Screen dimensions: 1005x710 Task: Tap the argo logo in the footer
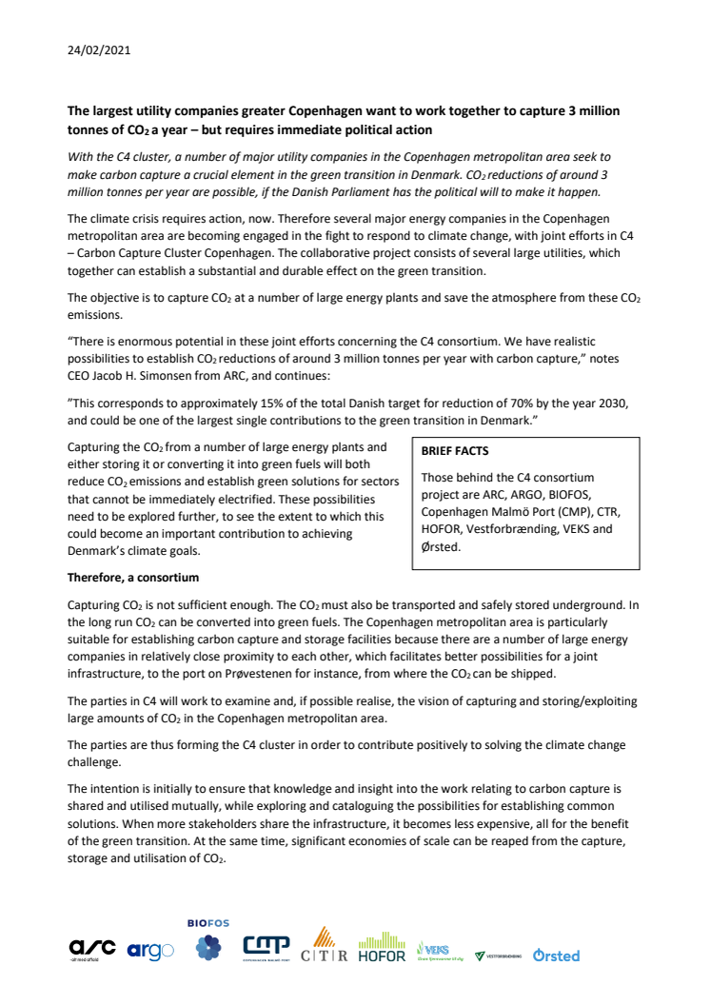[x=150, y=950]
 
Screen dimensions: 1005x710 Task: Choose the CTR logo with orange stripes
[x=324, y=945]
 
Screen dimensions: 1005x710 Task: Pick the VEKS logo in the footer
[x=437, y=951]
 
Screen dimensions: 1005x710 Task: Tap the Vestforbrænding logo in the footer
[x=498, y=955]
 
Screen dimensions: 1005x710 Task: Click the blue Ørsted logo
[x=556, y=955]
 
